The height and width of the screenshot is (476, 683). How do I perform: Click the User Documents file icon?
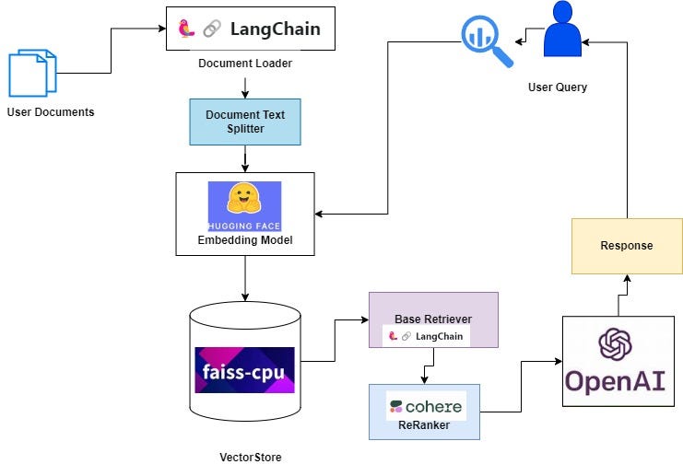[32, 74]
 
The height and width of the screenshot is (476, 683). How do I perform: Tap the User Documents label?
[50, 112]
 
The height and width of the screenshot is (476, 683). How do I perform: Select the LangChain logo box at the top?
[250, 29]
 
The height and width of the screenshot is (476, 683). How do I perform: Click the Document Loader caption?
[244, 64]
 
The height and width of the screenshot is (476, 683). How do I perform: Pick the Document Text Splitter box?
[245, 122]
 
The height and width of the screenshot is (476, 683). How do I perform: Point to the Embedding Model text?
[244, 240]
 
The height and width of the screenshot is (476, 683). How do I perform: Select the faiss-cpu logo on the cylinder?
[244, 370]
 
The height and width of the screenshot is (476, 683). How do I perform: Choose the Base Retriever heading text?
[433, 319]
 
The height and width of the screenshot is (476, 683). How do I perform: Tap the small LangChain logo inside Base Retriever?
[427, 337]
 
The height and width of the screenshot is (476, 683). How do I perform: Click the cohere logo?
[425, 406]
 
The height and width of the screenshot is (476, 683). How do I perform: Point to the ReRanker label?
[425, 424]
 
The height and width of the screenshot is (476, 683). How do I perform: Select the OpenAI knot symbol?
[617, 345]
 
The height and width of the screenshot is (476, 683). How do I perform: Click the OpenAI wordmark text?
[617, 381]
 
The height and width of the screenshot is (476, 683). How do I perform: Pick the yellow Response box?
[627, 246]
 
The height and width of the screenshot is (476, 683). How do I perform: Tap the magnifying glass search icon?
[485, 41]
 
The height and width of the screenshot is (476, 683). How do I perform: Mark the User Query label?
[557, 87]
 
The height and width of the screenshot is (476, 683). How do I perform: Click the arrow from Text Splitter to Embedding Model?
[245, 158]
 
